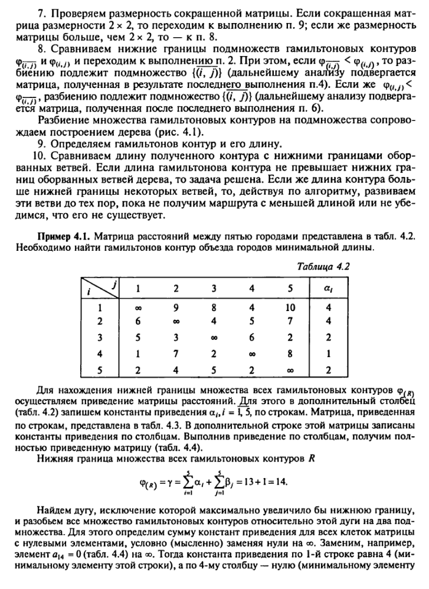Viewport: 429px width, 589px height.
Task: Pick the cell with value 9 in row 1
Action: [175, 307]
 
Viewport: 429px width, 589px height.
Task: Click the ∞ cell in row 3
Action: [213, 337]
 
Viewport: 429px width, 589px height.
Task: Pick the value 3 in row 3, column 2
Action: [175, 337]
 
